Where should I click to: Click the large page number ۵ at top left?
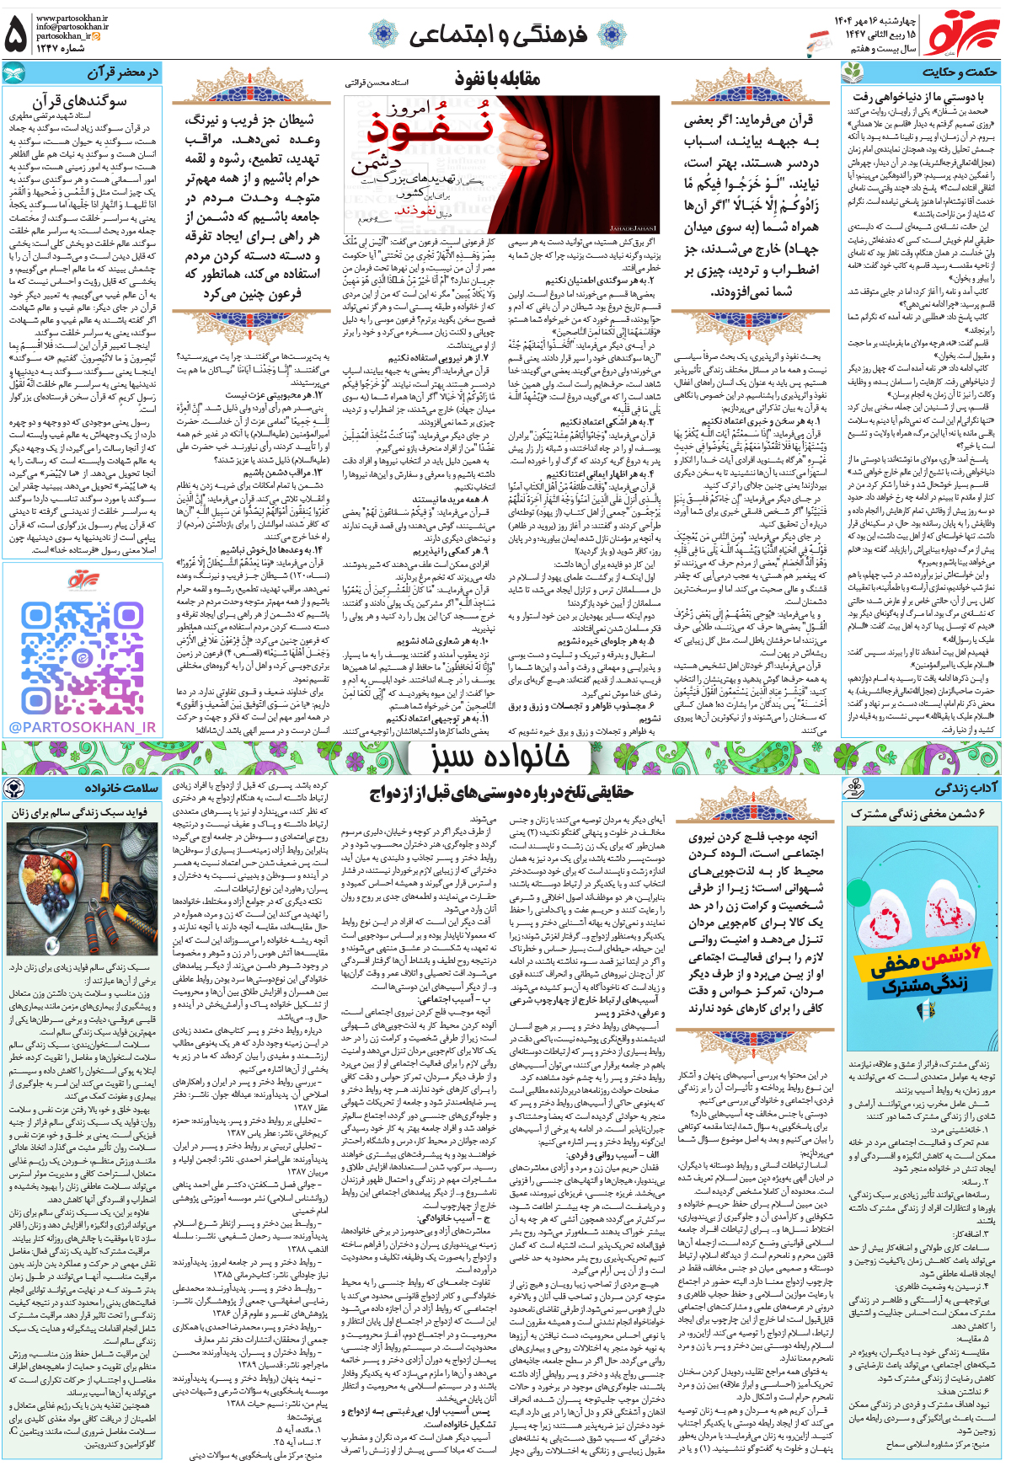16,35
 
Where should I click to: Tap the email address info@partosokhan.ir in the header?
72,27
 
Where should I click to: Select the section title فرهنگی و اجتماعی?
497,35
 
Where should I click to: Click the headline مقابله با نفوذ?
497,80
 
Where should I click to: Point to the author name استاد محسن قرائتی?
376,83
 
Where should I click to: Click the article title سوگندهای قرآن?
79,100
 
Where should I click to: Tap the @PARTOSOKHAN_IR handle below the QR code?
83,727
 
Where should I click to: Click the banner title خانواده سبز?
500,757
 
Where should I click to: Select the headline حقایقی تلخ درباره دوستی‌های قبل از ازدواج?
500,793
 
